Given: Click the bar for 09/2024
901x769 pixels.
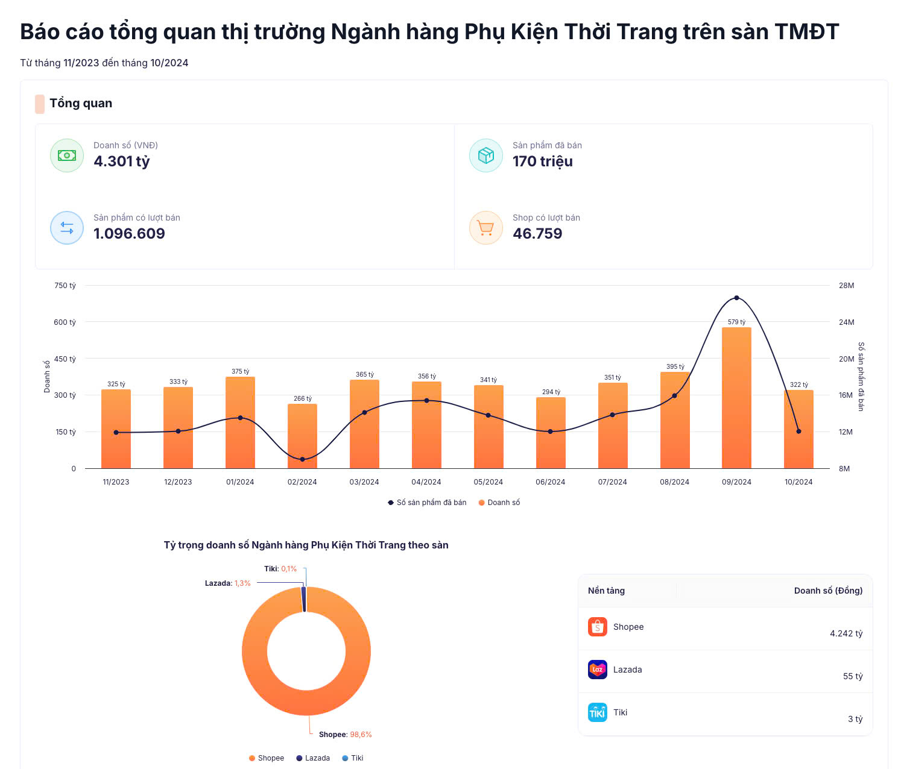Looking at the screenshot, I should pos(736,398).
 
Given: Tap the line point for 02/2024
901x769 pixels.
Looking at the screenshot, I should pos(302,459).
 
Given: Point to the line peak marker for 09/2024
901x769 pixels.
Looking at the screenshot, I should pos(736,298).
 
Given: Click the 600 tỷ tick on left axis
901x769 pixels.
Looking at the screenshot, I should pos(65,322).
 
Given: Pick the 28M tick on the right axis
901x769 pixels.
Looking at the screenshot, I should pos(846,286).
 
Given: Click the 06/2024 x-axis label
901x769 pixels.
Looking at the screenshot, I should pos(550,482).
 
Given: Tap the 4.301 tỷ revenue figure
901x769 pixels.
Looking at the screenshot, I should pos(122,162).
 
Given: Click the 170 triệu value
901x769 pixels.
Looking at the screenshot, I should pos(543,162).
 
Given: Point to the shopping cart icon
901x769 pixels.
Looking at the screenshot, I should pos(485,228).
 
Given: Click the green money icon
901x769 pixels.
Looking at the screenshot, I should pos(67,155).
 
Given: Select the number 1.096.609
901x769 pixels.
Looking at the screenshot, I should pos(129,234).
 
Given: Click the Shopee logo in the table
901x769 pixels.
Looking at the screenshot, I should pos(598,627).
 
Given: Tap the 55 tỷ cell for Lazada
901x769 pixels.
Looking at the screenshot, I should pos(852,676).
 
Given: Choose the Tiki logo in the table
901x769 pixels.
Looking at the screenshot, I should pos(598,712).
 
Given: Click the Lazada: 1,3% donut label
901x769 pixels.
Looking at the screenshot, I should pos(227,583).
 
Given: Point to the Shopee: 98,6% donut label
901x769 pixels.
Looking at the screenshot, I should pos(345,735).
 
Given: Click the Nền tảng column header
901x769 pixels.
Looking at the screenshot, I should pos(606,591).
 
